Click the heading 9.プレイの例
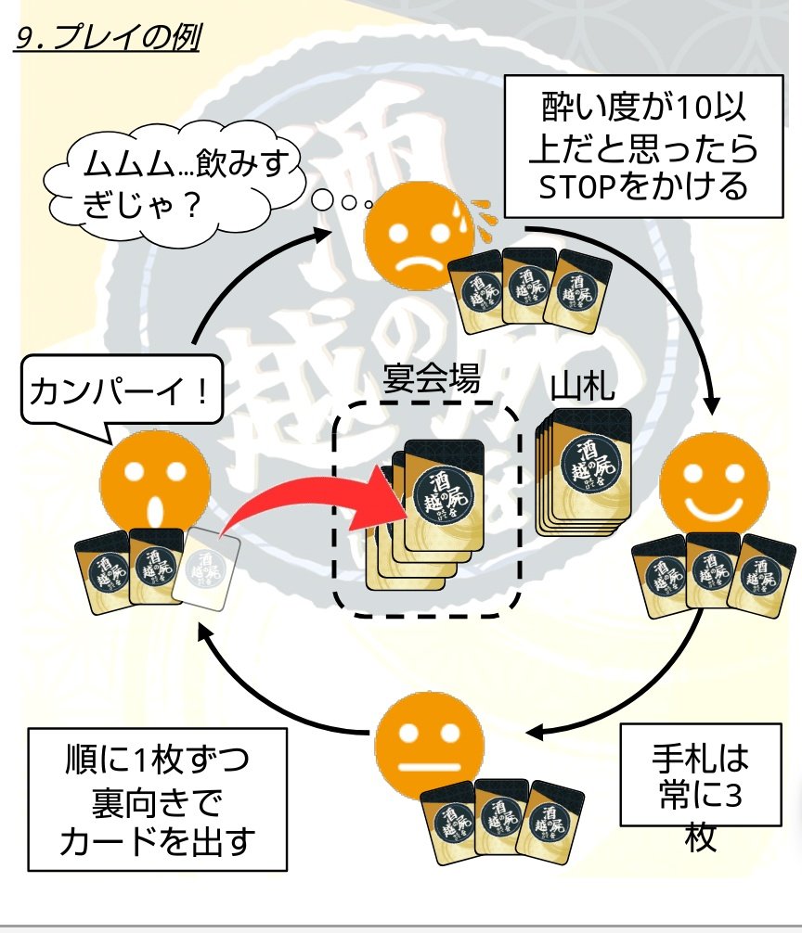[x=108, y=40]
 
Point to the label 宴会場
[x=432, y=379]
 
